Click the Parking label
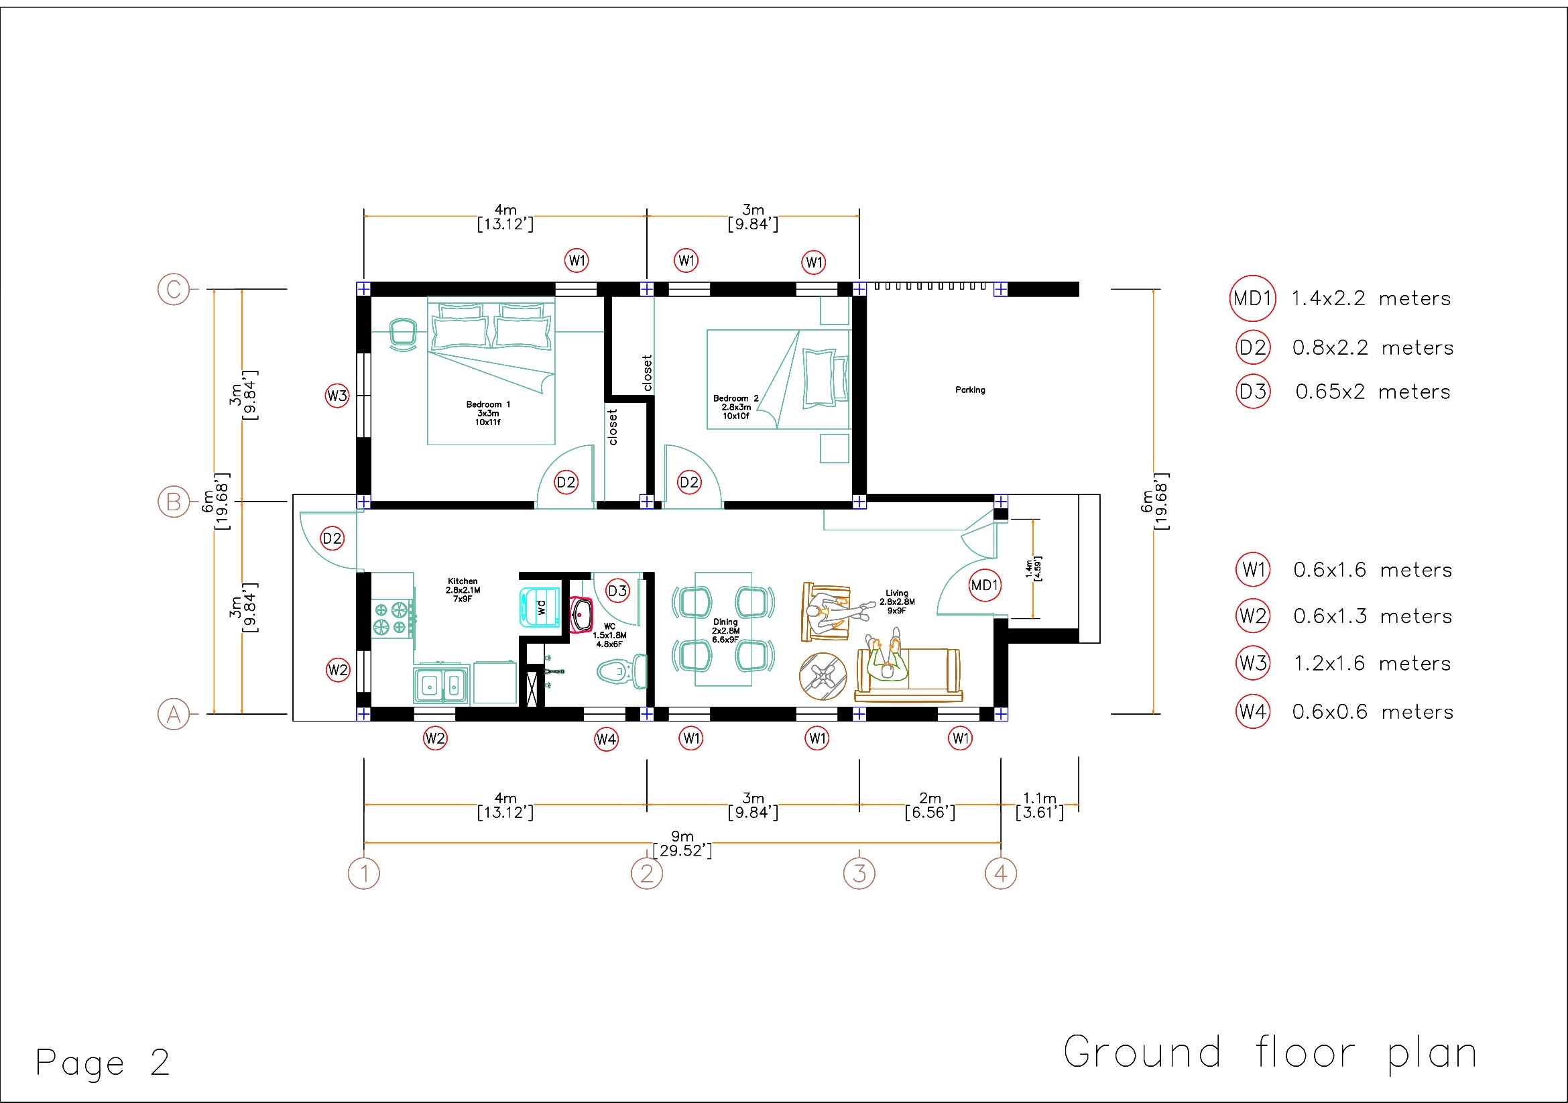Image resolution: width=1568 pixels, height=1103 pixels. click(x=970, y=390)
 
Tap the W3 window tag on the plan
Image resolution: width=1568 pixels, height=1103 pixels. click(x=337, y=396)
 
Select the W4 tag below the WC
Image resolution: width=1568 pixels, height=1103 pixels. click(x=606, y=739)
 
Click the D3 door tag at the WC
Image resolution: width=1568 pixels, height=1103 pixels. click(x=617, y=591)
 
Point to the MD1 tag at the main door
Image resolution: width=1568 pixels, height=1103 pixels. click(x=985, y=585)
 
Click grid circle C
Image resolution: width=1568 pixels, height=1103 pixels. click(x=174, y=290)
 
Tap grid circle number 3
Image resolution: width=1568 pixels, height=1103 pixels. click(x=859, y=874)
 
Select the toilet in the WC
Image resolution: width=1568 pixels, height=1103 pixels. click(x=621, y=671)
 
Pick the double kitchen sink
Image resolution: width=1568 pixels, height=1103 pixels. click(x=440, y=685)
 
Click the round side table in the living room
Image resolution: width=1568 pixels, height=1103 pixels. click(x=823, y=676)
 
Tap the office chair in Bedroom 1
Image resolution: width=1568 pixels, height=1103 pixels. click(x=403, y=335)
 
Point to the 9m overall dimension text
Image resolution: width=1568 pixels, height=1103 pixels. click(x=682, y=844)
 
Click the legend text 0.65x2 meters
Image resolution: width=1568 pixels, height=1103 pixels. click(x=1373, y=392)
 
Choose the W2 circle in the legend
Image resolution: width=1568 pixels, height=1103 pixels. click(x=1253, y=616)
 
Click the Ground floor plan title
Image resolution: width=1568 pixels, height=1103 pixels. click(x=1270, y=1053)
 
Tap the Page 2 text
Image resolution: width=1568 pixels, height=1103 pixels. click(x=103, y=1063)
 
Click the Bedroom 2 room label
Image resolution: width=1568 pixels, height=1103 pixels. click(x=735, y=398)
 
